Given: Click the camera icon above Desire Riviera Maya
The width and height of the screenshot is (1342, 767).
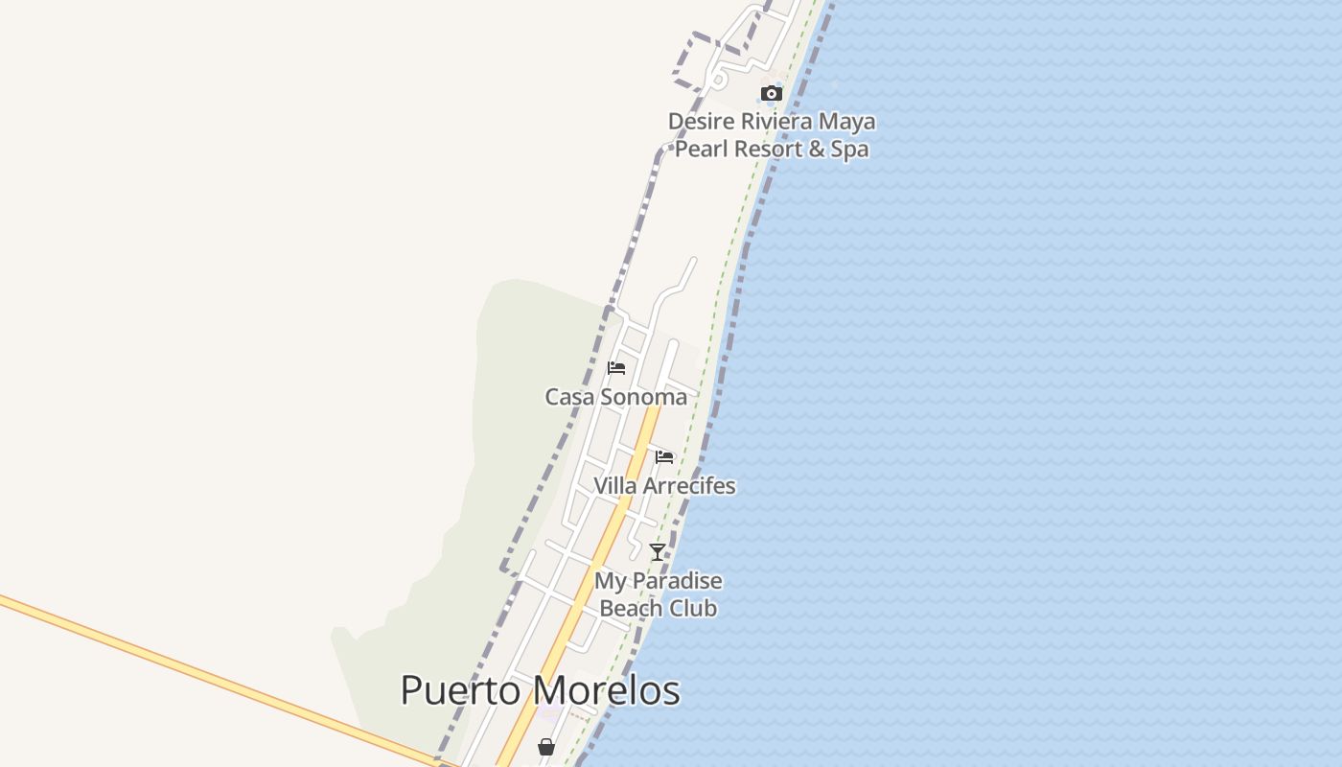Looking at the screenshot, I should [x=772, y=93].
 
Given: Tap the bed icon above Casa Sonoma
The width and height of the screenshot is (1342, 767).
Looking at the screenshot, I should [x=616, y=368].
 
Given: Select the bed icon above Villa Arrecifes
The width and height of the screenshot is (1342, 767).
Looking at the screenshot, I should [x=664, y=456].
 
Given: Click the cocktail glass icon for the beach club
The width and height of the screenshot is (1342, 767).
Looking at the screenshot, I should [x=658, y=552].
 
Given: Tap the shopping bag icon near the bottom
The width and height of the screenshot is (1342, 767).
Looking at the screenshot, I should [x=546, y=746].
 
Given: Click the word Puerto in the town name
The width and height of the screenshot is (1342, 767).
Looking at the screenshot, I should [x=461, y=691].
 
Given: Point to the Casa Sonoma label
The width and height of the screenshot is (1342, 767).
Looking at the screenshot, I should [x=616, y=397].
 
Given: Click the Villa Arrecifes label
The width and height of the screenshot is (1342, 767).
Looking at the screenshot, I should [x=664, y=486].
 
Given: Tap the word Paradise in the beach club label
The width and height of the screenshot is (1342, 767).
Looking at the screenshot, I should [x=677, y=581].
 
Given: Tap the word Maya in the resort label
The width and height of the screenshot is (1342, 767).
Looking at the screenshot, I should [x=849, y=122].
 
